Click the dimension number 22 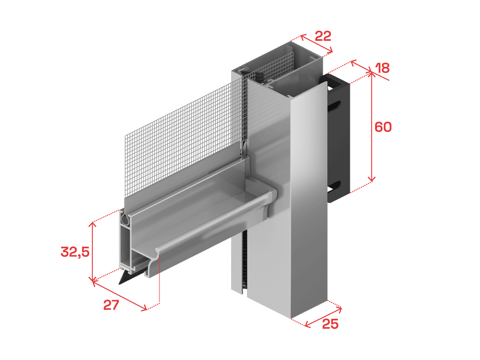coord(323,36)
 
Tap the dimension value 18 coord(382,68)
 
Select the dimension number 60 coord(383,127)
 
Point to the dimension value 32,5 coord(75,252)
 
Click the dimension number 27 coord(111,305)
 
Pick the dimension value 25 coord(330,324)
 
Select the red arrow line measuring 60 coord(371,127)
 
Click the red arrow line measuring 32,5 coord(93,252)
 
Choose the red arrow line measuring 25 coord(323,317)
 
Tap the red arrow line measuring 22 coord(316,44)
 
